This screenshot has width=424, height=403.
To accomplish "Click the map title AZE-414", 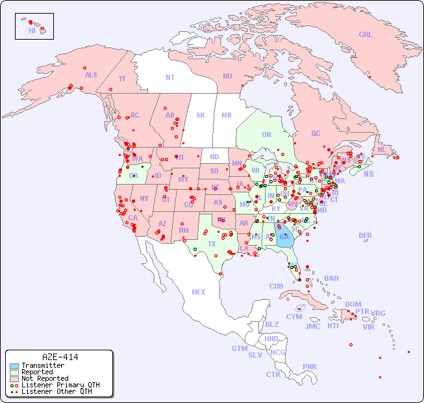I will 60,357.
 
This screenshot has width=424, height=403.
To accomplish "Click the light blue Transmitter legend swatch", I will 14,366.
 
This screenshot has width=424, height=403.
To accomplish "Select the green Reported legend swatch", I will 14,372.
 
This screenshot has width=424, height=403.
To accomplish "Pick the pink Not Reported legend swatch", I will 14,378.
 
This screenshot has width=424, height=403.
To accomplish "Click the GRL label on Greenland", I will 366,35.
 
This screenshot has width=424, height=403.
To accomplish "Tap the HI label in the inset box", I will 32,31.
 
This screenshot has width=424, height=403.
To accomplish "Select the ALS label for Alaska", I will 91,75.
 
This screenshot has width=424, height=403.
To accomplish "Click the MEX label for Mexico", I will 199,292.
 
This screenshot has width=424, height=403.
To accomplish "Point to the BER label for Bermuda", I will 366,235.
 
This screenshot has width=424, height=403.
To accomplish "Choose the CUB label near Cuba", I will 276,286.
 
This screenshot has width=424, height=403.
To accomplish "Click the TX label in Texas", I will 212,244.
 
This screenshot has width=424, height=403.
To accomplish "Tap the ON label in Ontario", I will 266,135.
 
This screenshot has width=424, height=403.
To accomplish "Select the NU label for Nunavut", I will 227,76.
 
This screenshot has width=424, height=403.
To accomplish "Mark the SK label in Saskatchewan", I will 201,115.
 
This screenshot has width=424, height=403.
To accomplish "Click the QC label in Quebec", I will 316,133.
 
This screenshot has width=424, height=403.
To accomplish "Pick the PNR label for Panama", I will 310,367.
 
